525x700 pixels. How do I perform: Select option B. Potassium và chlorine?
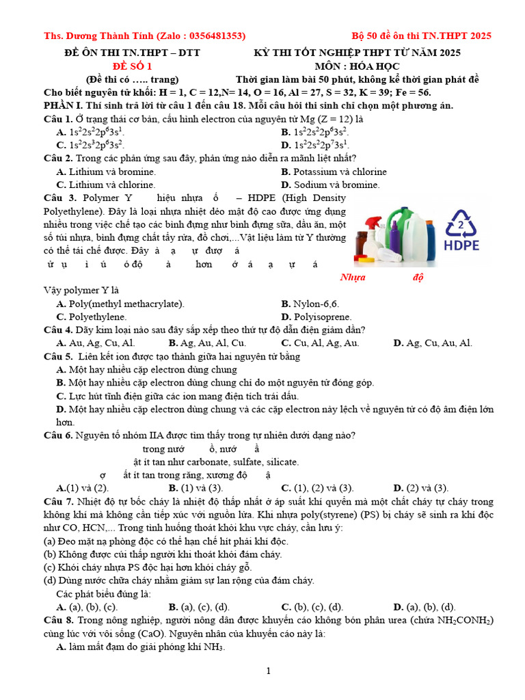coord(334,172)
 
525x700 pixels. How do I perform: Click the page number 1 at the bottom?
coord(269,671)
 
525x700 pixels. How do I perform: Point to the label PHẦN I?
coord(63,106)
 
